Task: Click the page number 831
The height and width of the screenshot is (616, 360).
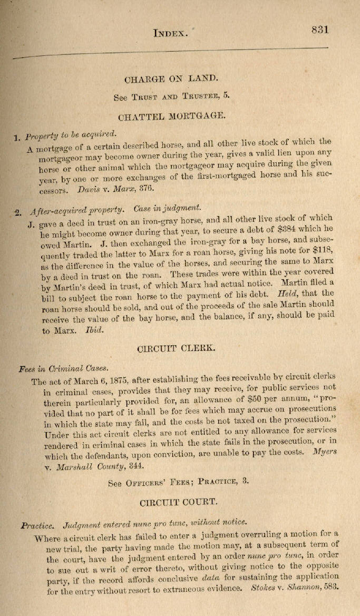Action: (x=320, y=30)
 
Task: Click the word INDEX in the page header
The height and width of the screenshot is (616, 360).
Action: (x=170, y=33)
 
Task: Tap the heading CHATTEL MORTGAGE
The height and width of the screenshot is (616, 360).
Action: (x=171, y=115)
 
